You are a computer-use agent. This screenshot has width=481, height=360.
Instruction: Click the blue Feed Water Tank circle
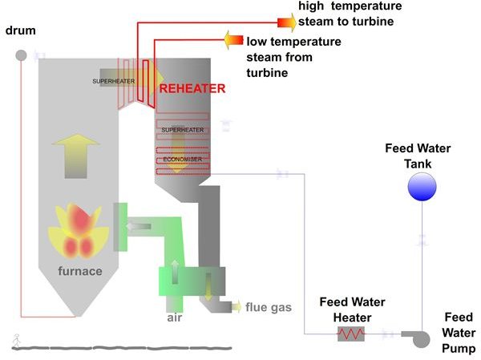422,187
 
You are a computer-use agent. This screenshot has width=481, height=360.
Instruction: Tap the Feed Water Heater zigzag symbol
350,334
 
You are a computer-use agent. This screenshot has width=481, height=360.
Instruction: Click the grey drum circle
21,55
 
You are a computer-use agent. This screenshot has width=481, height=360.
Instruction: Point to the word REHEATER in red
192,89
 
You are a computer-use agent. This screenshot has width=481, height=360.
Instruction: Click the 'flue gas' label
269,307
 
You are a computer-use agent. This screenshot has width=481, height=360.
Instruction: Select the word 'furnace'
80,271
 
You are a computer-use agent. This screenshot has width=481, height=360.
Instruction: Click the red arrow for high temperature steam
285,22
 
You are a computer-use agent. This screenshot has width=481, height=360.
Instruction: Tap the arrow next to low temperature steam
233,38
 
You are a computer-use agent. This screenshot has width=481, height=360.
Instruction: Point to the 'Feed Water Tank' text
418,156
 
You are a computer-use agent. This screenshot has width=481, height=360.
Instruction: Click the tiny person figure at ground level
16,339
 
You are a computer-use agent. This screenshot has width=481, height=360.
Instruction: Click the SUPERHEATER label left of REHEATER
114,81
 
